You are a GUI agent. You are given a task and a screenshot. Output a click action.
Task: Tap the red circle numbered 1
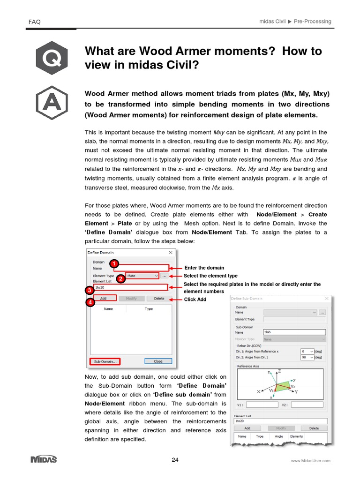[113, 263]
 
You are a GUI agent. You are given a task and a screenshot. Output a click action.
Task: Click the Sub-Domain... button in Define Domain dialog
[105, 361]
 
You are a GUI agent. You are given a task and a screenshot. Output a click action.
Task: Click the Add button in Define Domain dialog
[103, 298]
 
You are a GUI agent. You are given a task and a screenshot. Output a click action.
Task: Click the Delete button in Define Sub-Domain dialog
[314, 428]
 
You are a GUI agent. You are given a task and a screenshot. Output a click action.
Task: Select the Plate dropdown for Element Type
[142, 276]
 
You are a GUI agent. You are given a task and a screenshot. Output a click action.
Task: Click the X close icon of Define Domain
[171, 252]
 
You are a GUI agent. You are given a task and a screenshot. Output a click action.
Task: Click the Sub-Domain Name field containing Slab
[294, 332]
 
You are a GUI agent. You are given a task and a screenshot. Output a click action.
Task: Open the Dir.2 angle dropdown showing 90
[307, 357]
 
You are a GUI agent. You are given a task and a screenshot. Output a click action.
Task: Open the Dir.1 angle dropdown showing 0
[307, 351]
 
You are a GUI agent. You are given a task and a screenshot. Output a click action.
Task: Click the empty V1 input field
[262, 405]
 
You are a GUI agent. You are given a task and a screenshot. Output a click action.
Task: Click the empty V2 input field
[308, 405]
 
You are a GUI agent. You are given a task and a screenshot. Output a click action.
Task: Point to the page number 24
[175, 460]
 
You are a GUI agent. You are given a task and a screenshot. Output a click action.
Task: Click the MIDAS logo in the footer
[44, 459]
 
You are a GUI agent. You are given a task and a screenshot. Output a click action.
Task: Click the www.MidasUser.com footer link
[310, 461]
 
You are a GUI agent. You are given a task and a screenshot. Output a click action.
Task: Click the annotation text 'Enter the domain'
[204, 268]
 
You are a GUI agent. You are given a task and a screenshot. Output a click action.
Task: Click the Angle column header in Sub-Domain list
[278, 436]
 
